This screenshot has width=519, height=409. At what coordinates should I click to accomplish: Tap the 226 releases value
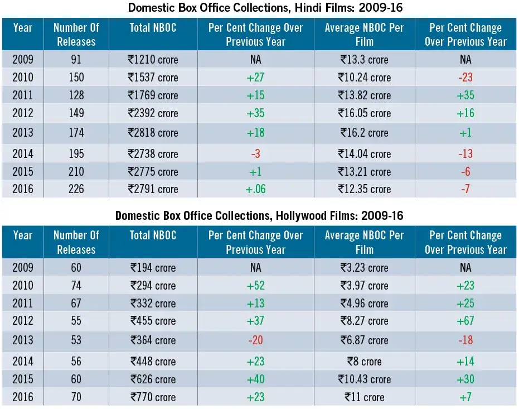tap(76, 189)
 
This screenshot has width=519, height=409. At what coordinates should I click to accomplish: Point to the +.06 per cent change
tap(256, 189)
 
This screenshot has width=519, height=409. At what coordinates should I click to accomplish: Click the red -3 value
tap(256, 153)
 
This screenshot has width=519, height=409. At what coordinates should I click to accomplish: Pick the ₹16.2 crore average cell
tap(365, 133)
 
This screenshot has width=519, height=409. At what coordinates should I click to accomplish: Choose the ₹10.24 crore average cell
tap(365, 78)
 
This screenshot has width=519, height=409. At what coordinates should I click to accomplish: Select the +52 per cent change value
tap(256, 286)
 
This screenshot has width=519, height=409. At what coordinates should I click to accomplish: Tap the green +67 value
tap(465, 321)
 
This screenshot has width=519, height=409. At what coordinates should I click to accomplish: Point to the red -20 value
tap(256, 340)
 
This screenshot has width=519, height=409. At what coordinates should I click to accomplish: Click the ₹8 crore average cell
tap(365, 362)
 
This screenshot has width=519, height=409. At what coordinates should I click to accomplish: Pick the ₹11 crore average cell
tap(365, 397)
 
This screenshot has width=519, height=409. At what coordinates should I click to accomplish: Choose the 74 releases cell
tap(76, 286)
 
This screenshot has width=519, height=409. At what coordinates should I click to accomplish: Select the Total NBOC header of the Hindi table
tap(153, 28)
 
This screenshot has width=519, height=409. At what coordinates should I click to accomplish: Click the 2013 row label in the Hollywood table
tap(23, 340)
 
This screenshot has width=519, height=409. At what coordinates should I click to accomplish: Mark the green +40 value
tap(256, 379)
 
